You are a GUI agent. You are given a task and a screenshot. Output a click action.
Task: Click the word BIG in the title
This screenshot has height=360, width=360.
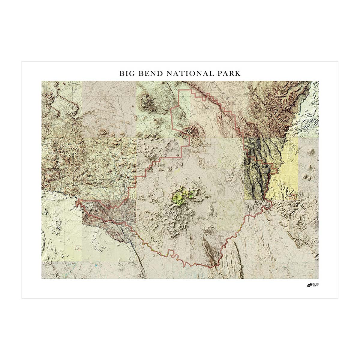(x=126, y=73)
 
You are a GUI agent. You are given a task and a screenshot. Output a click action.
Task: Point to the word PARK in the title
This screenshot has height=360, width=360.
(x=229, y=73)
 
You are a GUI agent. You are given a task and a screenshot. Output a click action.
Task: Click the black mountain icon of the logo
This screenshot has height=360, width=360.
(x=309, y=285)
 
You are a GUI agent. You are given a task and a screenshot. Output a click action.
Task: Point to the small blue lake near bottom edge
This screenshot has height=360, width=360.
(x=96, y=265)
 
